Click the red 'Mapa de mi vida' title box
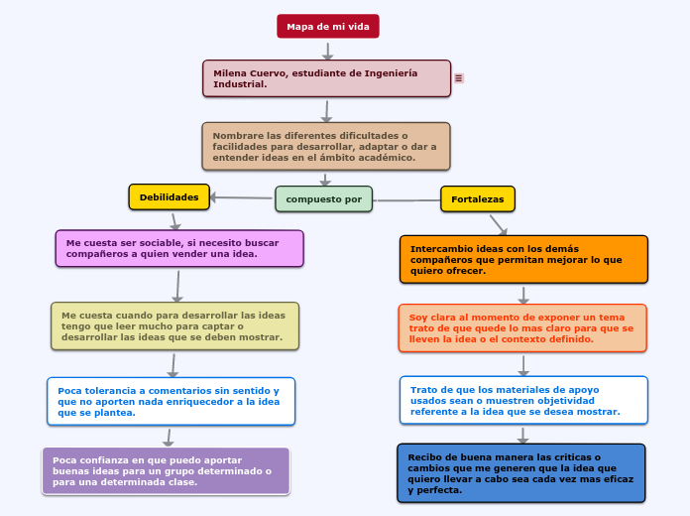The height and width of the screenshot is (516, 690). click(327, 26)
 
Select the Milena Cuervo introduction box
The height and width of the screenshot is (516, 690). click(326, 78)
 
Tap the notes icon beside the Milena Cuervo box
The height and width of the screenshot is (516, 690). click(459, 78)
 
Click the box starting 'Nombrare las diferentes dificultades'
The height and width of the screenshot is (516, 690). click(325, 146)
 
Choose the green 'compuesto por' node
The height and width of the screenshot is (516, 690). click(323, 198)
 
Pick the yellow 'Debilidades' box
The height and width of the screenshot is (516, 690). click(169, 196)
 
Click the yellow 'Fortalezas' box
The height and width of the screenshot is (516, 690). click(477, 199)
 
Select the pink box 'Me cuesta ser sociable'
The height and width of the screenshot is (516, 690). click(179, 248)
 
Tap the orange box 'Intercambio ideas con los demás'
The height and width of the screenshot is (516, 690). click(523, 259)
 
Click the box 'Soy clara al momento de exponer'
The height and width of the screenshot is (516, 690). click(522, 327)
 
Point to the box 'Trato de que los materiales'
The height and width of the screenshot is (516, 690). click(523, 400)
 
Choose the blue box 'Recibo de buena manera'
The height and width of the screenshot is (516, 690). click(521, 472)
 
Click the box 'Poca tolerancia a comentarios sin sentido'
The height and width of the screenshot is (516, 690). click(171, 401)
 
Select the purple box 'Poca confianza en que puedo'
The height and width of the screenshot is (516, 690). click(167, 470)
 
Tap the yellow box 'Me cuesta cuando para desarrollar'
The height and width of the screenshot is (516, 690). click(174, 325)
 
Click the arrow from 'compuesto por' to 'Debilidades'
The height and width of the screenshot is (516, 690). click(242, 197)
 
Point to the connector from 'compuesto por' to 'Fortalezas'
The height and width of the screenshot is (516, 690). click(406, 200)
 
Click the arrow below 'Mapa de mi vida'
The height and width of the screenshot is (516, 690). click(327, 50)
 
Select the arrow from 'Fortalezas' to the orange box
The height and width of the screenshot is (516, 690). click(499, 225)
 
